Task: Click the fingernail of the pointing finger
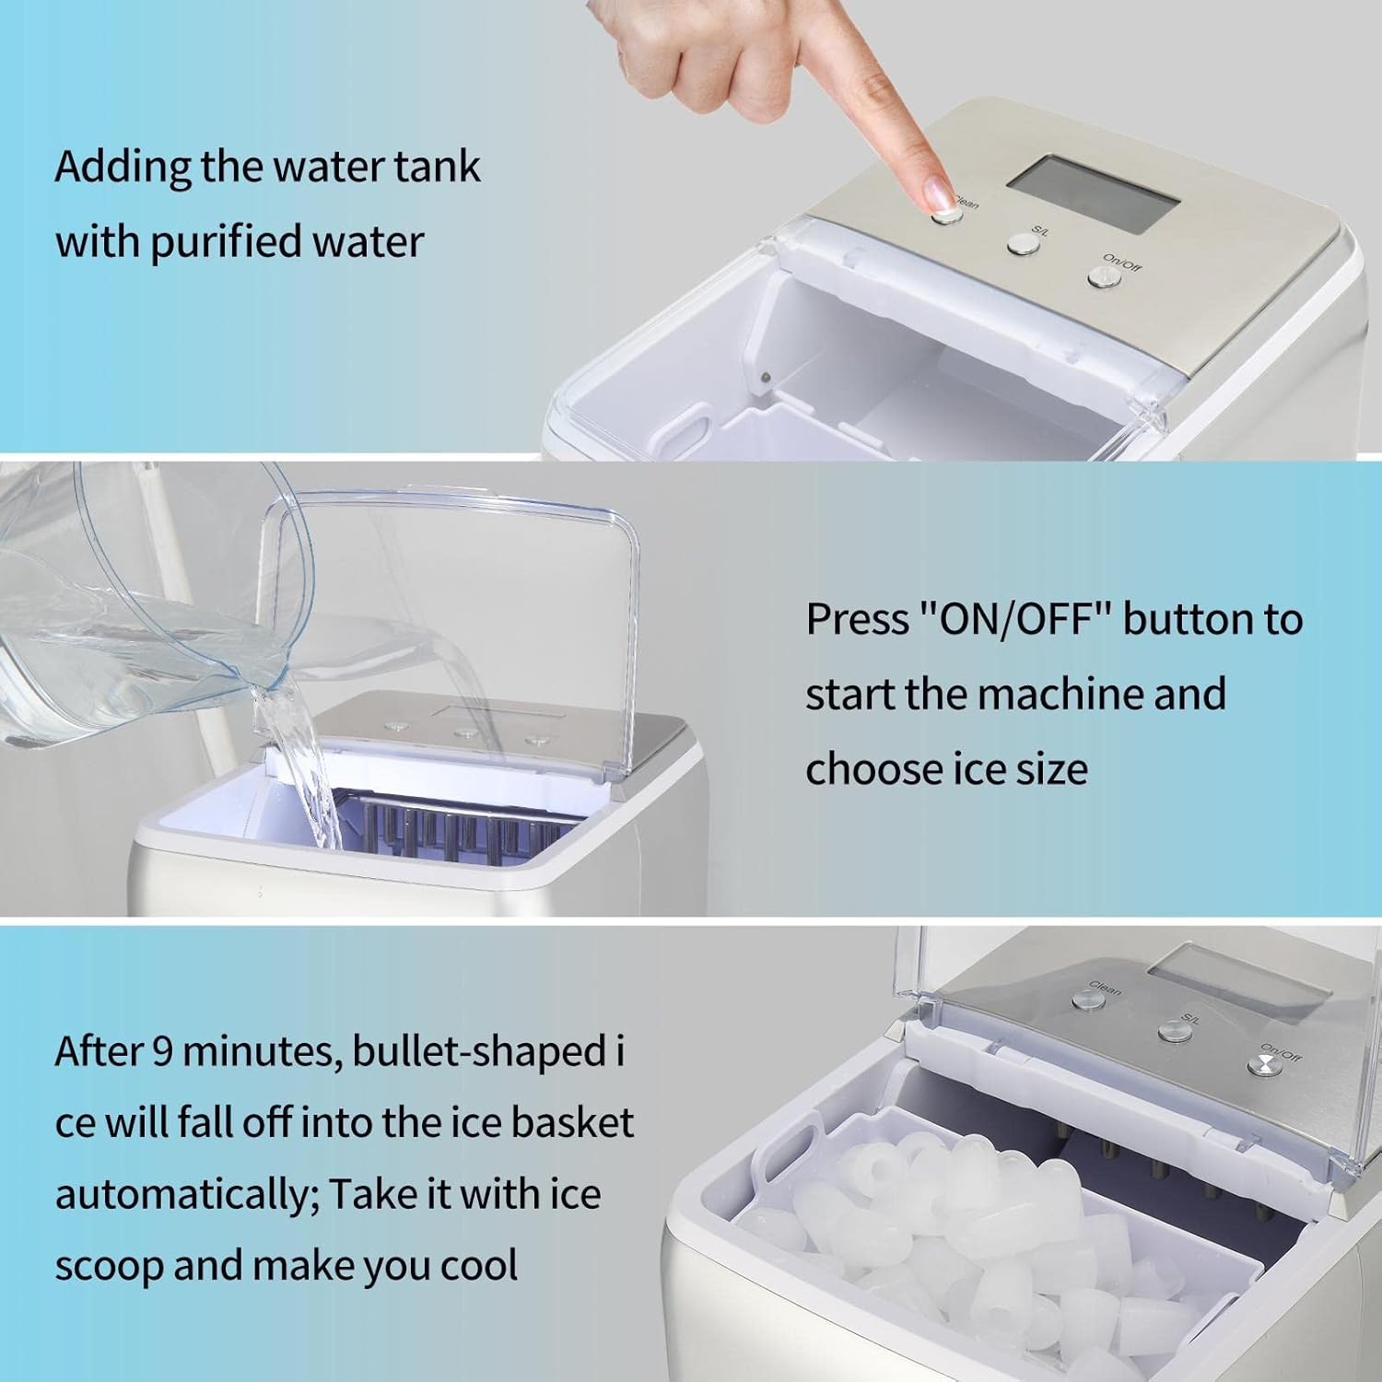(x=937, y=193)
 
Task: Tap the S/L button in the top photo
(x=1023, y=242)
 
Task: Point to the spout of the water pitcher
(x=267, y=686)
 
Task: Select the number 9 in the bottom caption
(x=163, y=1051)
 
